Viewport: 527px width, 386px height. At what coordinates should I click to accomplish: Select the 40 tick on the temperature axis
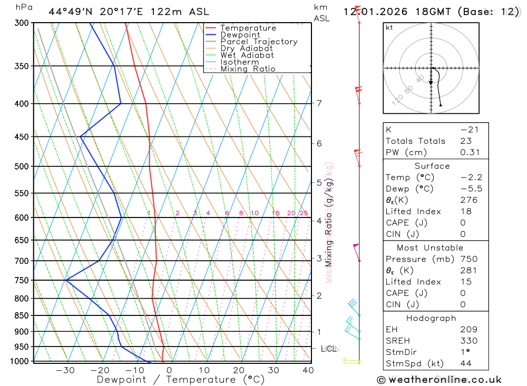(308, 370)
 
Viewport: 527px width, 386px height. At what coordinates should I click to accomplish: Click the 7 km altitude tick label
(319, 103)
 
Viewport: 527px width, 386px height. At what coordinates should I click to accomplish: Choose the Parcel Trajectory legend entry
(259, 42)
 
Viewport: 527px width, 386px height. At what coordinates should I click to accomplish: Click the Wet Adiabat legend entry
(247, 55)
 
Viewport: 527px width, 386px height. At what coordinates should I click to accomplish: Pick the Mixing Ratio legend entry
(248, 69)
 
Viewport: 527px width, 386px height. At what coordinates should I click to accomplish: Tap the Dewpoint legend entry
(240, 35)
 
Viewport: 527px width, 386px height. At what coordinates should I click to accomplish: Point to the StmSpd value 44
(466, 363)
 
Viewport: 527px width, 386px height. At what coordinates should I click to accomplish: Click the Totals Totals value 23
(466, 141)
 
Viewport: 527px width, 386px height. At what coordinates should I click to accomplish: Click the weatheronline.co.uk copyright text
(439, 380)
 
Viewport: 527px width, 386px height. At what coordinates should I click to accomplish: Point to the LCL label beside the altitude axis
(329, 349)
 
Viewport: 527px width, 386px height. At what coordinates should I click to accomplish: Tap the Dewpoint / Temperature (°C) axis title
(180, 380)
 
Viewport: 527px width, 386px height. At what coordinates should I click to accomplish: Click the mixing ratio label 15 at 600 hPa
(276, 213)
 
